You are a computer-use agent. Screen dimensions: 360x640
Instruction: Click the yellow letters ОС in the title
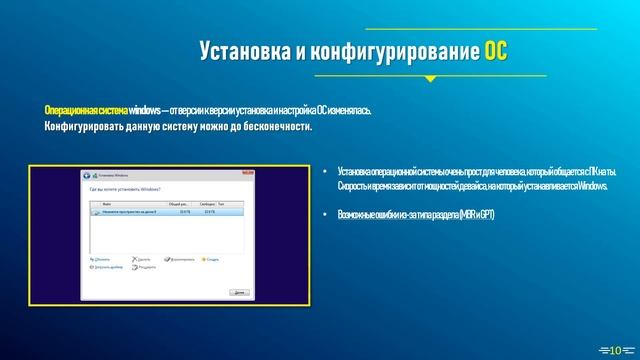point(496,52)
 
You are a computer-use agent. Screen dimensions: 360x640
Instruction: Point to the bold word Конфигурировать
point(81,127)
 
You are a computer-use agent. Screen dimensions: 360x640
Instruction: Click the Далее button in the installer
point(238,292)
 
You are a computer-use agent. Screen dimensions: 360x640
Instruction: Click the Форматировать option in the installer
point(182,259)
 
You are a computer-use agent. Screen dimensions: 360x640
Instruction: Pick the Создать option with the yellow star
point(212,259)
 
